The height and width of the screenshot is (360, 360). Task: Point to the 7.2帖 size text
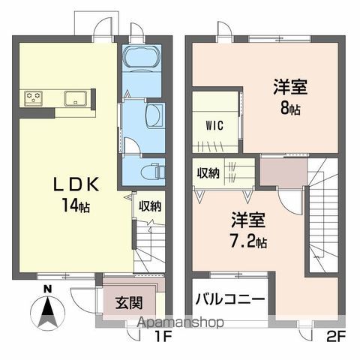tap(248, 241)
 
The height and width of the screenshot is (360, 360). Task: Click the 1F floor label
tap(163, 337)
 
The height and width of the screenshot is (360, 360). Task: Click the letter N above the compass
tap(47, 289)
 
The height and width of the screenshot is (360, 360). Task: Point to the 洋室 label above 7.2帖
tap(247, 221)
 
